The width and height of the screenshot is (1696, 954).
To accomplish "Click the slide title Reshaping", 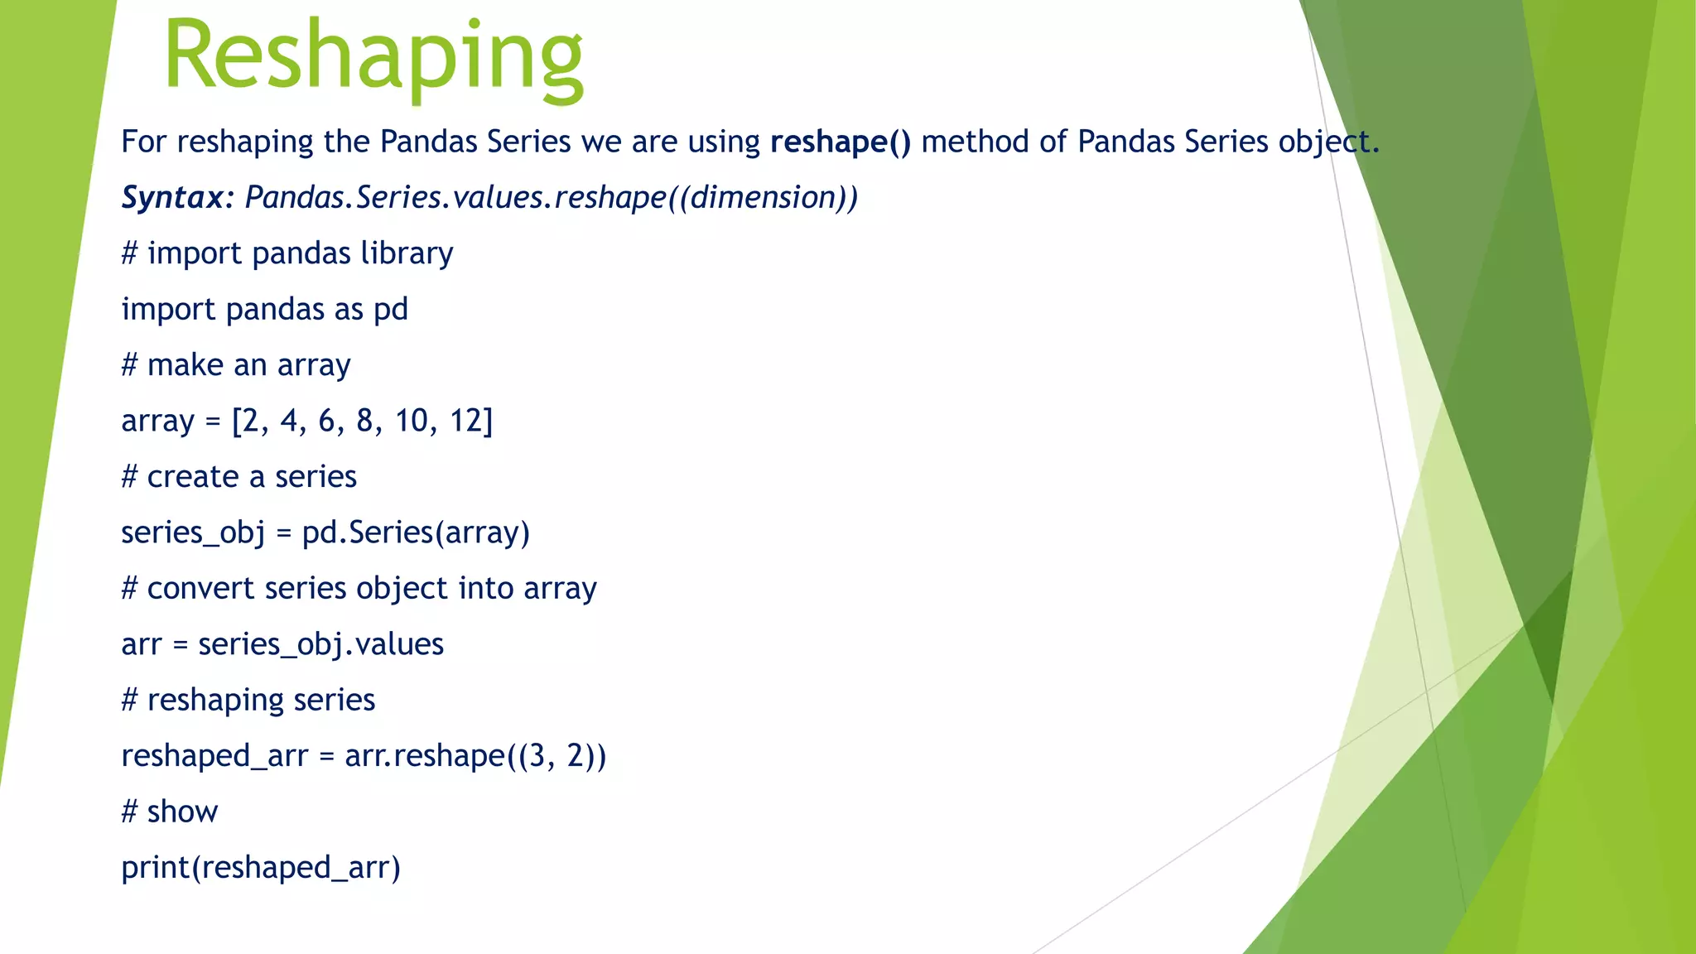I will tap(373, 58).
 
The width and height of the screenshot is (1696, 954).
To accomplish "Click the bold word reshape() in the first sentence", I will tap(840, 142).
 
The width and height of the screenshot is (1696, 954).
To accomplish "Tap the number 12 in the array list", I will tap(470, 421).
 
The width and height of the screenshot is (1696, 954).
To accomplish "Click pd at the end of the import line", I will tap(391, 310).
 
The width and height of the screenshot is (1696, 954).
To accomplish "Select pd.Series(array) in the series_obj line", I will tap(415, 532).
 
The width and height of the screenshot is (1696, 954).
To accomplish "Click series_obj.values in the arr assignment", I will tap(320, 644).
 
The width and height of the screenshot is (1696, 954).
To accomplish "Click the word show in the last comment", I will tap(182, 812).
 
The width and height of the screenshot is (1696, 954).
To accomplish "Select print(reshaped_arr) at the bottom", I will tap(261, 867).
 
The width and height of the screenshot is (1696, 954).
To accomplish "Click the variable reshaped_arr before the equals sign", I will tap(214, 756).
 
